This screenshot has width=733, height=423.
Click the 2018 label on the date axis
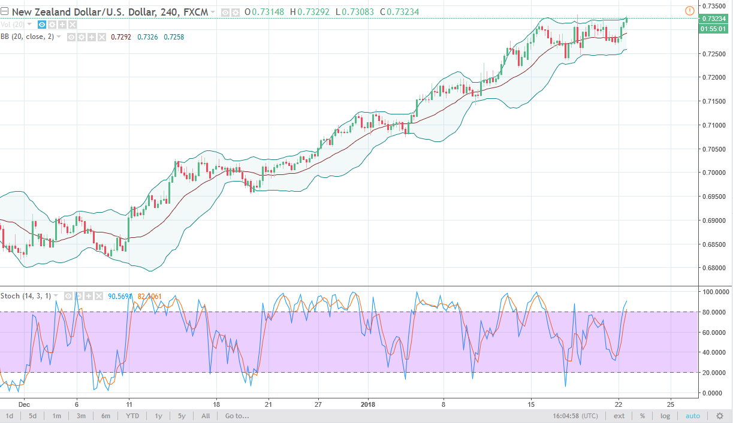click(367, 403)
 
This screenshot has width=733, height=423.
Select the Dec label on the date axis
click(23, 403)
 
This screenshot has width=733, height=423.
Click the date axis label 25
click(671, 403)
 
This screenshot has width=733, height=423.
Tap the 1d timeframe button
click(10, 416)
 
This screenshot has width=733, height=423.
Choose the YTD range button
click(133, 416)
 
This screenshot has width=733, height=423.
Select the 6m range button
click(105, 416)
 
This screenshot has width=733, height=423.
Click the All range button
click(206, 416)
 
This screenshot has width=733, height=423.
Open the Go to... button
click(237, 416)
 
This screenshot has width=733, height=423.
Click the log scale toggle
click(665, 416)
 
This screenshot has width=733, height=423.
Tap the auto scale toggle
click(692, 416)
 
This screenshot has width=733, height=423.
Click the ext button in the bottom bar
click(619, 416)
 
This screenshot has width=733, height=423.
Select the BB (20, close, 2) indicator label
click(28, 37)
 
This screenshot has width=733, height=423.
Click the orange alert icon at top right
click(689, 10)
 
